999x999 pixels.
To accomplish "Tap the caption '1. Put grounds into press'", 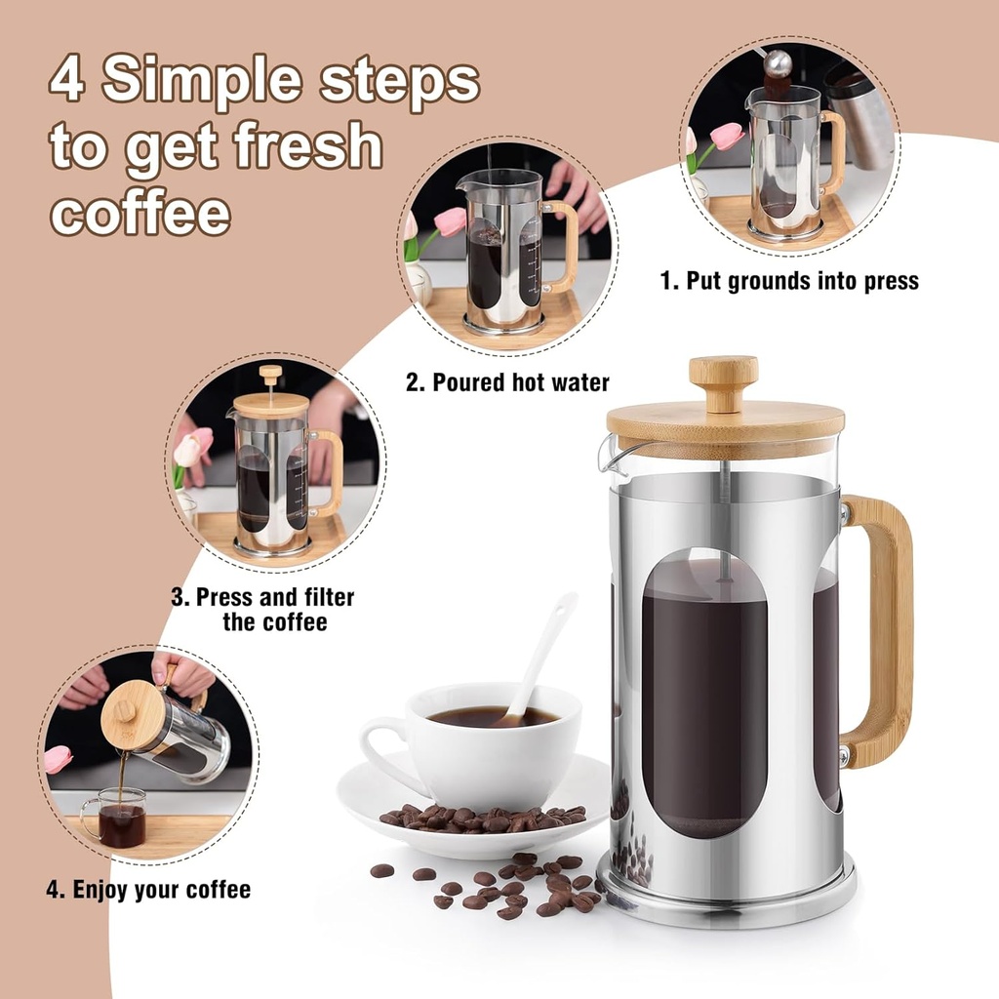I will point(789,282).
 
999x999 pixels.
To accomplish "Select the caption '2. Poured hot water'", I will point(507,381).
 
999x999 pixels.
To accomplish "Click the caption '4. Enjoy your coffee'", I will point(148,890).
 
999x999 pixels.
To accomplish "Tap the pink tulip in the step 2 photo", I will point(450,221).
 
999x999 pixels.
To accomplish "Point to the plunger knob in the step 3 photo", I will point(270,372).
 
